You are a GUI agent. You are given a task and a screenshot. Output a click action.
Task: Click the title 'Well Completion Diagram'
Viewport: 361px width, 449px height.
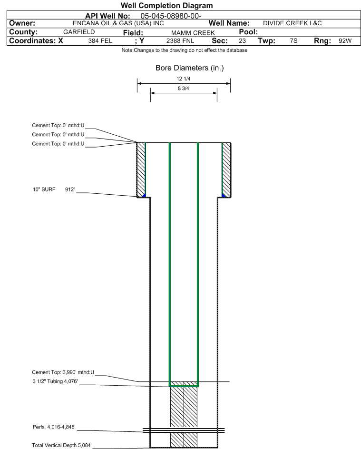tap(167, 5)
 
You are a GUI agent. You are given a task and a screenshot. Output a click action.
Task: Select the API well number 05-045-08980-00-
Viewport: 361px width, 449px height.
tap(171, 16)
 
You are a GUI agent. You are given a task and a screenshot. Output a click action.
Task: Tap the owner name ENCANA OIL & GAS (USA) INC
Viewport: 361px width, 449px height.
tap(118, 23)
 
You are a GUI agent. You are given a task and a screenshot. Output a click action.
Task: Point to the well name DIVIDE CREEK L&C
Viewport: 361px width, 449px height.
tap(293, 23)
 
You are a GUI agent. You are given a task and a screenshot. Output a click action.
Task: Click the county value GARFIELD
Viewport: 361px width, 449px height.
tap(79, 32)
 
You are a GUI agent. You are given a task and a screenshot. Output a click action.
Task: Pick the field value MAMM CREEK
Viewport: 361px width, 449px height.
tap(193, 33)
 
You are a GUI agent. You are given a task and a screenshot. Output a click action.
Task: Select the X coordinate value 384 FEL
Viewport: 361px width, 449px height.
tap(100, 41)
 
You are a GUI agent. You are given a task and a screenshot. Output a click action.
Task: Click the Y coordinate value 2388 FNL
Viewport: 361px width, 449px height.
tap(180, 41)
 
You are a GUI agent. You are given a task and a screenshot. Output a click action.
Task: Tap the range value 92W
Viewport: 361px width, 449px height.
tap(345, 40)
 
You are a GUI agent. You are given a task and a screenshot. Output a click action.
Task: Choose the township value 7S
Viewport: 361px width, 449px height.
tap(293, 40)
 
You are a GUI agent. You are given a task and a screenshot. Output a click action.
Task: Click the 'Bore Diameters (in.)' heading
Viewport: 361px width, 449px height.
tap(190, 68)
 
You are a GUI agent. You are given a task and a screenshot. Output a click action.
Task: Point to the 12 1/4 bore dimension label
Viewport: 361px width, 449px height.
tap(184, 79)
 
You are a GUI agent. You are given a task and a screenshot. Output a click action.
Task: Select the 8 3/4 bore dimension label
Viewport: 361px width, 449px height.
tap(184, 89)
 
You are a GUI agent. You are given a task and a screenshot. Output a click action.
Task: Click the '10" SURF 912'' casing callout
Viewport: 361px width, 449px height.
tap(54, 190)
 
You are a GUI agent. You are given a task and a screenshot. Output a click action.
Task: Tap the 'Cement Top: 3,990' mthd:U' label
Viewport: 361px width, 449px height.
tap(63, 372)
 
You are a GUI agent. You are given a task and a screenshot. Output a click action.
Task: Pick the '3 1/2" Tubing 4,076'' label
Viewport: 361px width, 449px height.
tap(55, 381)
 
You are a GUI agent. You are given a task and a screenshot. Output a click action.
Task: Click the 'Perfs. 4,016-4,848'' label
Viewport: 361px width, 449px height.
tap(54, 427)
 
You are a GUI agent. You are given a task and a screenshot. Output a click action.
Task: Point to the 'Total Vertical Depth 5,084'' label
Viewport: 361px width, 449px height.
tap(62, 445)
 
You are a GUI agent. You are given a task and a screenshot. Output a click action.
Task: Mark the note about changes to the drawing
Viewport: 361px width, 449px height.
tap(185, 50)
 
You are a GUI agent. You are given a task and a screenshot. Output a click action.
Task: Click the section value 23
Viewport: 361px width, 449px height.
tap(242, 40)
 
